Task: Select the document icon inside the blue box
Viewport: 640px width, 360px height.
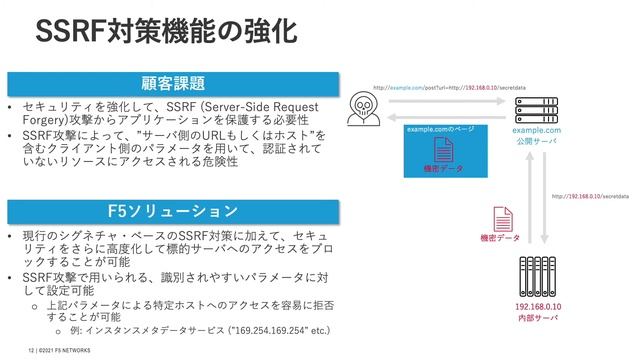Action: pos(442,151)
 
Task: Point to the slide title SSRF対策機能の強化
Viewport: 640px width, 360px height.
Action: pos(165,31)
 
